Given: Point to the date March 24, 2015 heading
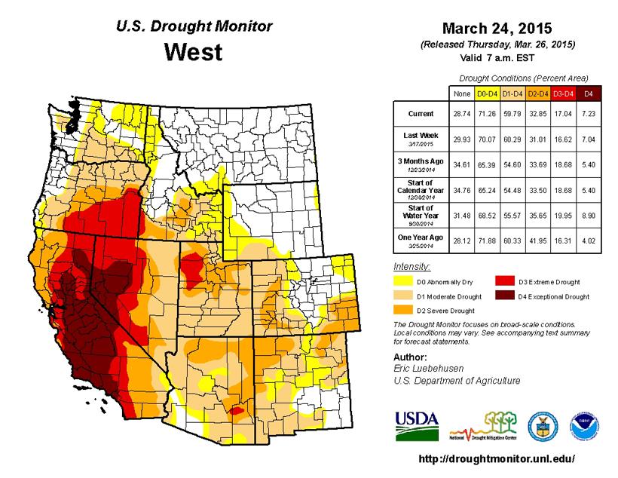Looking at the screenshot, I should tap(497, 29).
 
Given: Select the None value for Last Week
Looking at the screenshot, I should tap(459, 139).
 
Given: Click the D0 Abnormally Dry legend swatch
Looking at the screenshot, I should tap(404, 282).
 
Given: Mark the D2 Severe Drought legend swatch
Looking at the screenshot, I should tap(404, 310).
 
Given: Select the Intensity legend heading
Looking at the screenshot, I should tap(412, 267).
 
